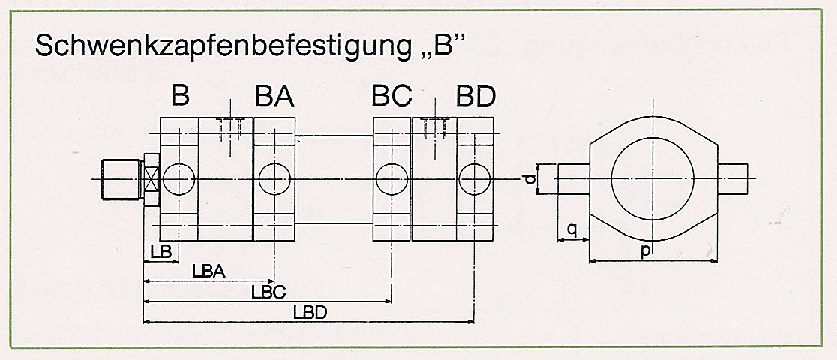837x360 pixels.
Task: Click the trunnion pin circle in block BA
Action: pos(275,180)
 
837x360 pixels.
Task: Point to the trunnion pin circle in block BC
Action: pos(392,180)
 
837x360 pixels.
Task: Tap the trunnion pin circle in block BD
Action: pos(475,180)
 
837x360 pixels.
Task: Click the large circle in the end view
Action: pos(652,178)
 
